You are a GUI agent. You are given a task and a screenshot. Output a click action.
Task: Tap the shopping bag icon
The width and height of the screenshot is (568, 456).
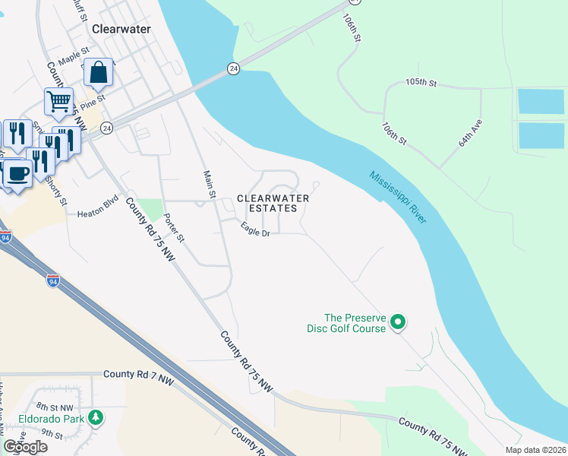pos(99,73)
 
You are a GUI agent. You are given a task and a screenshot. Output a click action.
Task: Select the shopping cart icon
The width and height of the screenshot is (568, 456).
pos(58,102)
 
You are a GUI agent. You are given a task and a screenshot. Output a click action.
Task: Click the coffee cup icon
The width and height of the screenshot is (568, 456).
pos(17,173)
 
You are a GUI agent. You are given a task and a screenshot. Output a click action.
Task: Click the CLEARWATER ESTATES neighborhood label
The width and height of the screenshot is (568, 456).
pos(273,204)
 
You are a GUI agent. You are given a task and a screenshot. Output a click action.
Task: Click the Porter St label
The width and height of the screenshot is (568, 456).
pos(175,226)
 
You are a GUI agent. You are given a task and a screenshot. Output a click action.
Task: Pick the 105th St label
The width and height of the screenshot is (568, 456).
pos(422,81)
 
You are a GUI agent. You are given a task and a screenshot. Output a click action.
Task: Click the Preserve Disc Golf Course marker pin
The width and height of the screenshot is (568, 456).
pos(398,323)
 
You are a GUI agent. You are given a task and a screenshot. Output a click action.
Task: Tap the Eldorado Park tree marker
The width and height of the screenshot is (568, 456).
pos(95,417)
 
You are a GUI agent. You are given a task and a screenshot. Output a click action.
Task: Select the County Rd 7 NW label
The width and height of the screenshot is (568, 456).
pos(140,374)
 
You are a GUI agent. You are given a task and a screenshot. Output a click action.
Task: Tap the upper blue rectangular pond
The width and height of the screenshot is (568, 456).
pos(541,101)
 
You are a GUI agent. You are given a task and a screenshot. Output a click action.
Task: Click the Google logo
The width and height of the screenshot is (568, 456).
pos(25,447)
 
